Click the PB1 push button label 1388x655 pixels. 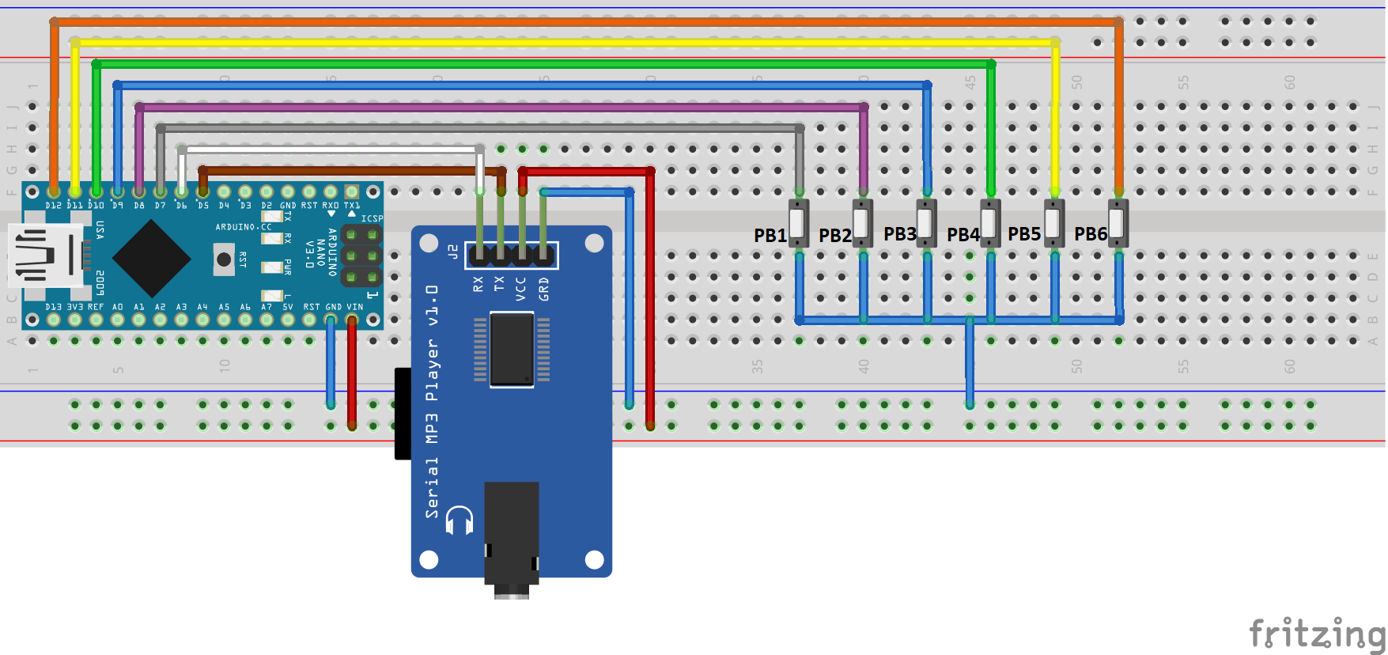coord(770,236)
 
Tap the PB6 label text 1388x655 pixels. coord(1090,234)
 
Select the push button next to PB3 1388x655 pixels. coord(926,222)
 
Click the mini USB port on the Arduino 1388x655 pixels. coord(43,255)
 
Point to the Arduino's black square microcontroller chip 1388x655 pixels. coord(151,258)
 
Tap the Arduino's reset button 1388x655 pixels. coord(224,259)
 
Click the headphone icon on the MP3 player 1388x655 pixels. coord(460,521)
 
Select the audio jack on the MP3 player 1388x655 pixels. coord(512,538)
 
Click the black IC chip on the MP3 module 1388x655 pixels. coord(512,349)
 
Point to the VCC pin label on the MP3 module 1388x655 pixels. coord(520,289)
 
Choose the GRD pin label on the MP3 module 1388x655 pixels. coord(543,289)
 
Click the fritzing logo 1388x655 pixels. coord(1316,634)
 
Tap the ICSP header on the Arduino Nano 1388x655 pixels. coord(361,256)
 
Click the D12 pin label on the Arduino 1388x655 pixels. coord(53,206)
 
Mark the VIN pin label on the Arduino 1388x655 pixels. coord(354,307)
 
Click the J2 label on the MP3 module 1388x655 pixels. coord(453,252)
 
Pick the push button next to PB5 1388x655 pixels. coord(1054,222)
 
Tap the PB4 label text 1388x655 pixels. coord(963,235)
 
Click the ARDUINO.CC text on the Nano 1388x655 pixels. coord(244,227)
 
